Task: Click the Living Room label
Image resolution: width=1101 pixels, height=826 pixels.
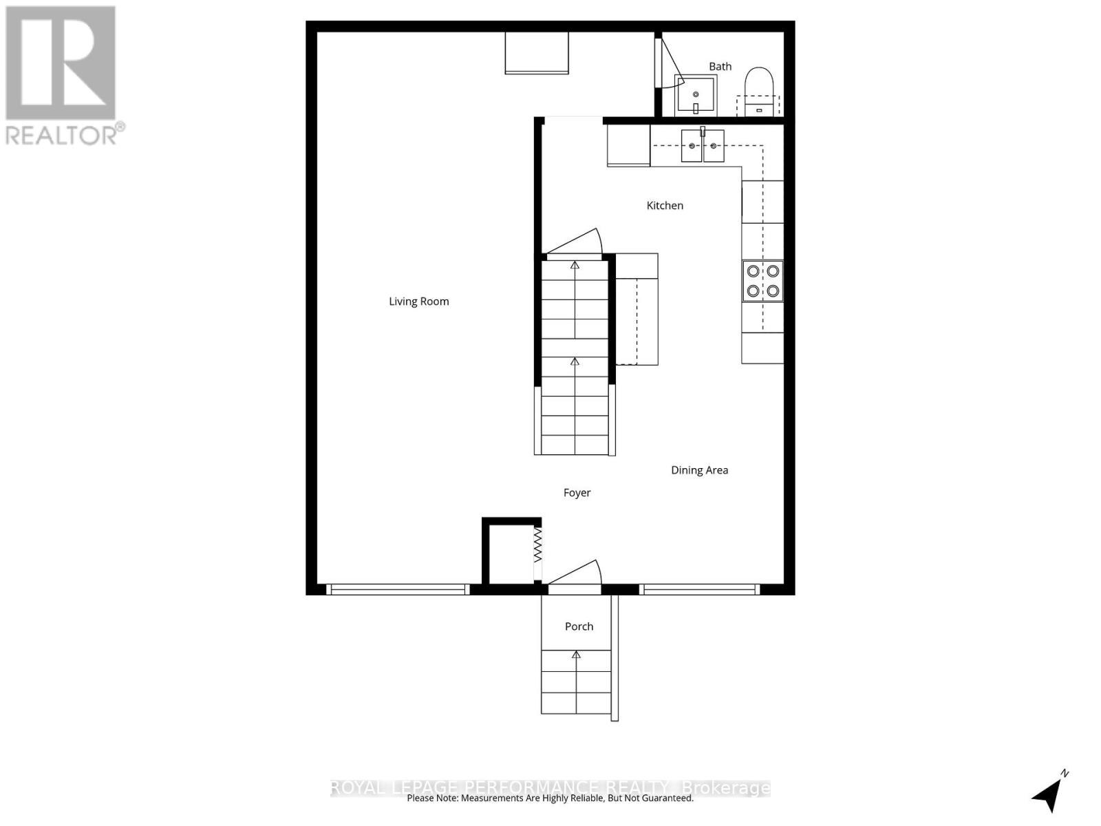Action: coord(418,301)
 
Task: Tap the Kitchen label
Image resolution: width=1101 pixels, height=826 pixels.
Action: coord(665,206)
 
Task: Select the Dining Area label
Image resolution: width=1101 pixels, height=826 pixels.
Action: coord(699,470)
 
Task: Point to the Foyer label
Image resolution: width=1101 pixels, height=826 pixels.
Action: coord(577,493)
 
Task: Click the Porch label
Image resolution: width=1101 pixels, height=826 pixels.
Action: coord(579,626)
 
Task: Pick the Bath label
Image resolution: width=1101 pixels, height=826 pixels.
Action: coord(720,67)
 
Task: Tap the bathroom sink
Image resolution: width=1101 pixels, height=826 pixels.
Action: coord(696,96)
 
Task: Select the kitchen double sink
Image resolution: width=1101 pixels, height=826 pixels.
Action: coord(703,146)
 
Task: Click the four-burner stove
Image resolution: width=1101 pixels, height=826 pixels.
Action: coord(762,281)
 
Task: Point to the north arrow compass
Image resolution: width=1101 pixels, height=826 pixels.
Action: coord(1049,793)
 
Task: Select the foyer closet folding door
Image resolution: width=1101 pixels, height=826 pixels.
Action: coord(538,545)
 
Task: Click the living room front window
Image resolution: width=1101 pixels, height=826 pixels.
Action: coord(398,589)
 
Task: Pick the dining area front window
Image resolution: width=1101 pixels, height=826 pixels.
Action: coord(699,589)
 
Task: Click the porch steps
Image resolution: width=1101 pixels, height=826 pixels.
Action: coord(576,681)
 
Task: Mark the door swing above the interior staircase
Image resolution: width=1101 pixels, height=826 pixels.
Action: coord(575,242)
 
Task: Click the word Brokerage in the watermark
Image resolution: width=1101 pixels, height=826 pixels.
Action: coord(725,787)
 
